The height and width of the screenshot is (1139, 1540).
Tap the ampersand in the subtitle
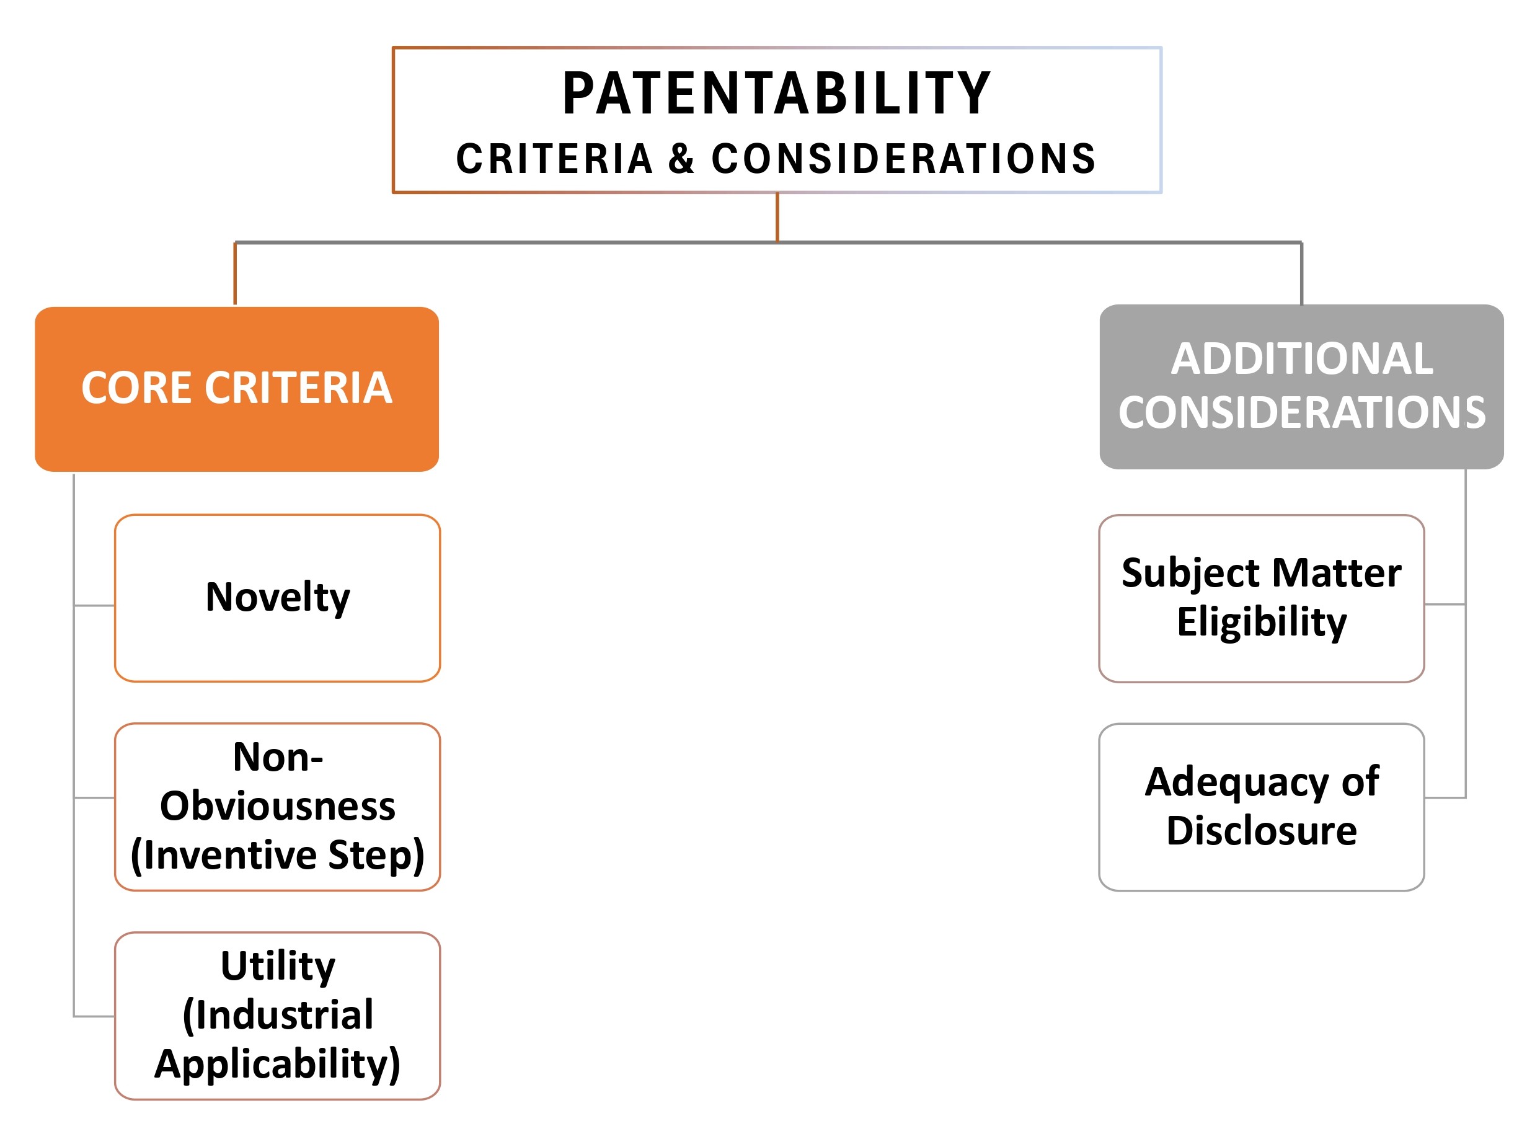coord(681,159)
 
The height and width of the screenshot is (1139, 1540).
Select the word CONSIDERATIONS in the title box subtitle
coord(903,159)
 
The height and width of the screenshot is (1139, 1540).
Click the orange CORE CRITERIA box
coord(237,389)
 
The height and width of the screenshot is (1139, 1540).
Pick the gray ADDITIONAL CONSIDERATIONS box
coord(1301,387)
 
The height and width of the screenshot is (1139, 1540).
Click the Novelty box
coord(277,598)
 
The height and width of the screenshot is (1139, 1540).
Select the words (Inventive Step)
coord(277,855)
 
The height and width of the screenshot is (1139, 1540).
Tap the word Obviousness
coord(278,806)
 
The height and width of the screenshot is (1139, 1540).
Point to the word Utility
coord(278,967)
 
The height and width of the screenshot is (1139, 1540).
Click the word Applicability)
coord(277,1065)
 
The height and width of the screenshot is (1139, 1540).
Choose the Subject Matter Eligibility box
coord(1262,598)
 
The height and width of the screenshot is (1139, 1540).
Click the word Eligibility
coord(1262,622)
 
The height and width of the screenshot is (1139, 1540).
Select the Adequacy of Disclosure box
coord(1262,807)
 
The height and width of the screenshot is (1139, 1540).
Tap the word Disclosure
coord(1262,830)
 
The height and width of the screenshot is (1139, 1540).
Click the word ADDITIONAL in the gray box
coord(1301,359)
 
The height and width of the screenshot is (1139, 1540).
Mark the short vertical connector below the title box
coord(777,217)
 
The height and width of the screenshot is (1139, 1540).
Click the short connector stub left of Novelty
coord(94,606)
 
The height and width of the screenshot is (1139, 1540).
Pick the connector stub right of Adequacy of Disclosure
coord(1446,798)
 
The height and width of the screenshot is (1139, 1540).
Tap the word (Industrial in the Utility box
coord(278,1016)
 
